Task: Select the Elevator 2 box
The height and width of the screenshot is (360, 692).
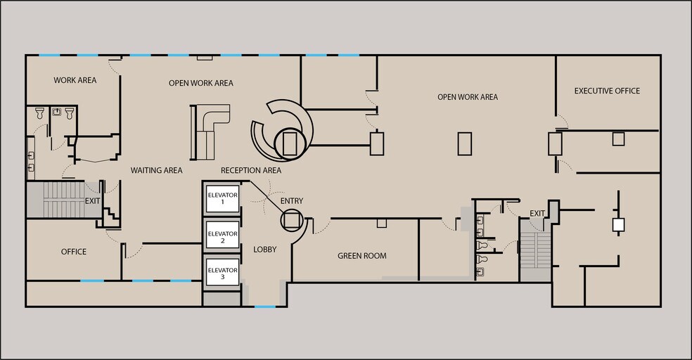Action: pyautogui.click(x=222, y=237)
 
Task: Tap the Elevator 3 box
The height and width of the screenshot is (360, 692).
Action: pyautogui.click(x=222, y=274)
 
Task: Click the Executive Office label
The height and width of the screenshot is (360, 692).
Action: pyautogui.click(x=607, y=91)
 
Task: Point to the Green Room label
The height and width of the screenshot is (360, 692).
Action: pyautogui.click(x=361, y=256)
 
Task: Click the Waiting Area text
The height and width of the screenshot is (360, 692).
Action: pyautogui.click(x=156, y=170)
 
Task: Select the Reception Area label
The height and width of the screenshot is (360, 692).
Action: pyautogui.click(x=251, y=170)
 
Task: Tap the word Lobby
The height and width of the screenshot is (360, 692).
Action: pyautogui.click(x=264, y=250)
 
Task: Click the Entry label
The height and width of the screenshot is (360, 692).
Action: pyautogui.click(x=292, y=201)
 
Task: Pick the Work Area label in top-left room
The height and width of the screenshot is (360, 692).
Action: pyautogui.click(x=75, y=80)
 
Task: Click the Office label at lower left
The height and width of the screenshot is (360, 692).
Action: pyautogui.click(x=74, y=252)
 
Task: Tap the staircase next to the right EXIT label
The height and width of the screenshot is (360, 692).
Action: pyautogui.click(x=535, y=250)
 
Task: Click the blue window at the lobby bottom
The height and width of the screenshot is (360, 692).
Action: pyautogui.click(x=264, y=307)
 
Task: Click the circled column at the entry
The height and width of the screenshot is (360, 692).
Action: pyautogui.click(x=292, y=220)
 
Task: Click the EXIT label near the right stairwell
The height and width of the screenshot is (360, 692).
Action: pyautogui.click(x=537, y=213)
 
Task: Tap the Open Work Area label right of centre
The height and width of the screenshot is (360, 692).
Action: pyautogui.click(x=468, y=97)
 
